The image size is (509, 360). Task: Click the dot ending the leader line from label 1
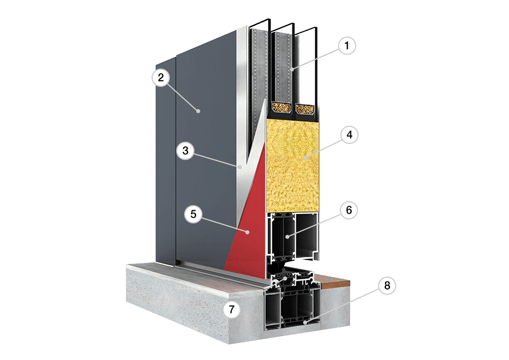coord(292,69)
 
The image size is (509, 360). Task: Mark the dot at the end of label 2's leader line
coord(198,111)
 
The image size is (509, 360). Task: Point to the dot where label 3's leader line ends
coord(240,167)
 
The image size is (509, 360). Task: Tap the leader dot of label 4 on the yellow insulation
coord(305,158)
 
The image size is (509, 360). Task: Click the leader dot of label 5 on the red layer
coord(248,232)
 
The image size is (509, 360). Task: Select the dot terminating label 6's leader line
coord(287,237)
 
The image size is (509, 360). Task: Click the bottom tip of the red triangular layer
coord(224,270)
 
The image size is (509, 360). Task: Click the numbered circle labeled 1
coord(347,45)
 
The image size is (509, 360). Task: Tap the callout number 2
coord(161,78)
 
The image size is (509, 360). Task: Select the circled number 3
coord(185,150)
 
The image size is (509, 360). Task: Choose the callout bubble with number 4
coord(349,135)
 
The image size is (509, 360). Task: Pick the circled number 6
coord(349,210)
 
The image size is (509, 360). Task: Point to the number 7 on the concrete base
coord(232,309)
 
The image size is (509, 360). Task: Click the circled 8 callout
coord(387,285)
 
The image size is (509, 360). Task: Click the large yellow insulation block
coord(292,165)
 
